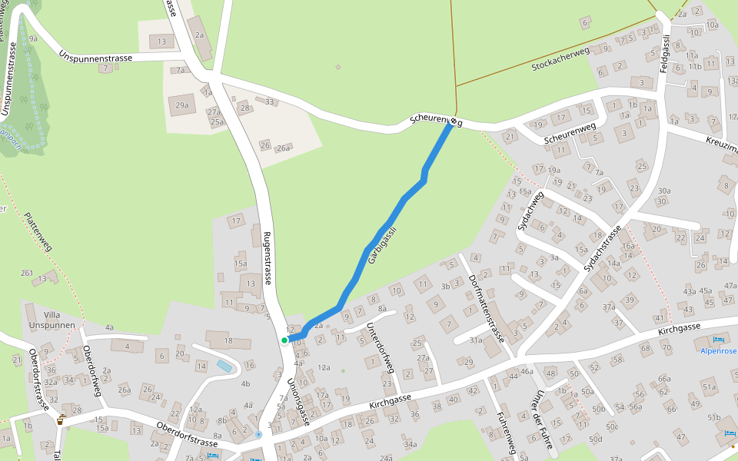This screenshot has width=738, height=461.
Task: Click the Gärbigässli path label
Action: pyautogui.click(x=382, y=245)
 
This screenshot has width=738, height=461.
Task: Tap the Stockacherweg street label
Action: pyautogui.click(x=560, y=59)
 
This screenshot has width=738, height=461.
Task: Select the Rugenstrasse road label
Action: pyautogui.click(x=267, y=258)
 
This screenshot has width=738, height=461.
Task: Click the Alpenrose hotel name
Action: pyautogui.click(x=718, y=350)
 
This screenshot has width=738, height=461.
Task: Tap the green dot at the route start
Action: pyautogui.click(x=284, y=340)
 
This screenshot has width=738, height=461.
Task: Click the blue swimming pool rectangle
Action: pyautogui.click(x=223, y=366)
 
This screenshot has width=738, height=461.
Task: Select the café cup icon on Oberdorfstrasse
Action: pyautogui.click(x=61, y=420)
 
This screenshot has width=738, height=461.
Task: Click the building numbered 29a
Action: pyautogui.click(x=182, y=105)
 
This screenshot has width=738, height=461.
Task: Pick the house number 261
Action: pyautogui.click(x=28, y=273)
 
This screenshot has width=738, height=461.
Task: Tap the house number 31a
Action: pyautogui.click(x=476, y=340)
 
